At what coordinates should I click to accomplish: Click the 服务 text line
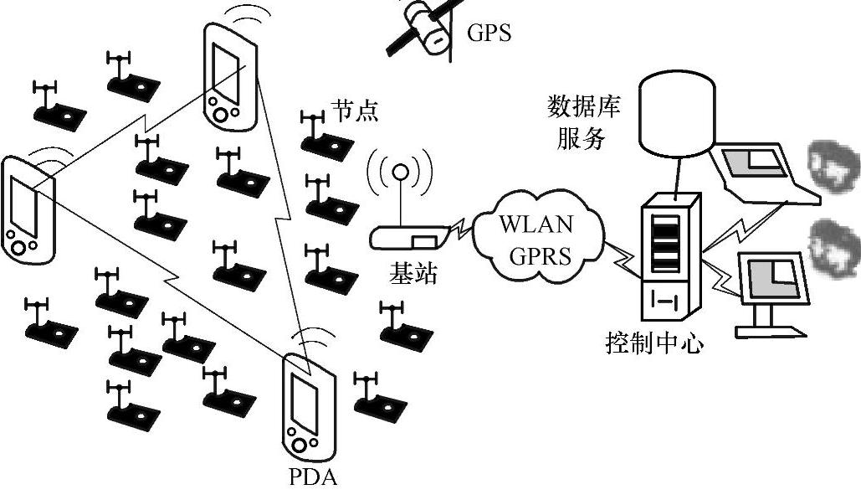pos(582,138)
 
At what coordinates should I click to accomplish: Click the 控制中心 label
pos(653,343)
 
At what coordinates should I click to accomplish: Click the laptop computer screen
pos(754,167)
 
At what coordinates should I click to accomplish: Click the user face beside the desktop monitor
pos(833,243)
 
